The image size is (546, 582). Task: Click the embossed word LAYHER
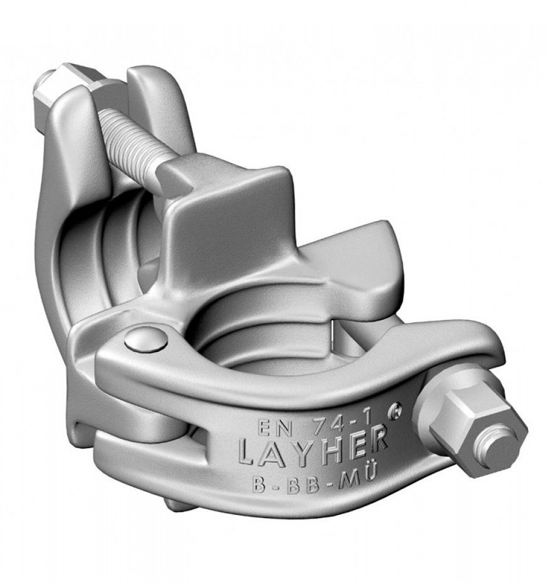pos(313,449)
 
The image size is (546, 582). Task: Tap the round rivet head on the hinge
pos(146,339)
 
